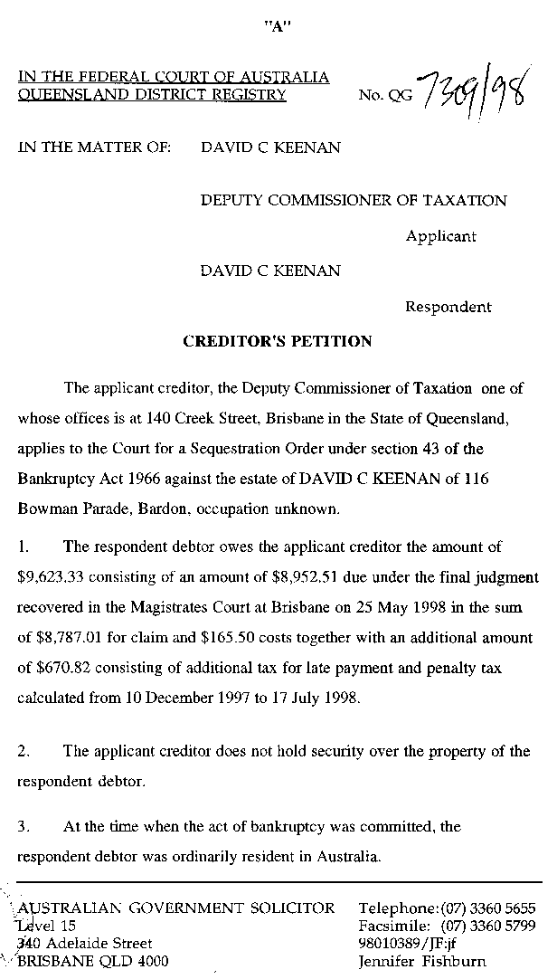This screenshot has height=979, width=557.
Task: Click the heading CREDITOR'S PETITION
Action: [x=278, y=341]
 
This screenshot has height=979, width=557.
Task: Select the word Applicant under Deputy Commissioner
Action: [x=440, y=236]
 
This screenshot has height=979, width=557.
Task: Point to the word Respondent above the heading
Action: [x=448, y=307]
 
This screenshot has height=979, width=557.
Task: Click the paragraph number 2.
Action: [x=24, y=751]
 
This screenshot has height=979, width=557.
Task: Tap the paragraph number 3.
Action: [x=24, y=826]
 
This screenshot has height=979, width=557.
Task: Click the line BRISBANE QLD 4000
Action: [x=92, y=961]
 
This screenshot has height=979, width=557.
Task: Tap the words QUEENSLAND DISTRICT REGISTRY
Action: [x=152, y=94]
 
